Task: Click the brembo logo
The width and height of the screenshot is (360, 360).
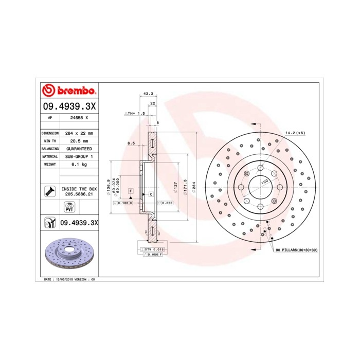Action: pos(68,91)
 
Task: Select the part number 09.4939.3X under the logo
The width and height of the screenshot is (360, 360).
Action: pos(68,106)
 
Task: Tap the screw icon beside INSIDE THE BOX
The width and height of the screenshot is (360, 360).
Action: pos(50,191)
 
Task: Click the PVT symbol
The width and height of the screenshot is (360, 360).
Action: pos(68,207)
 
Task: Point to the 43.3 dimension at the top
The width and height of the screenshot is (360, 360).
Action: pos(148,94)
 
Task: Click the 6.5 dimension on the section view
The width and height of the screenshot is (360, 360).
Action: pos(131,143)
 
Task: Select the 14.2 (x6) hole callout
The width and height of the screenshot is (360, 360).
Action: pos(295,133)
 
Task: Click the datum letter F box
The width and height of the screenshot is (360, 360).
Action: pos(131,191)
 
